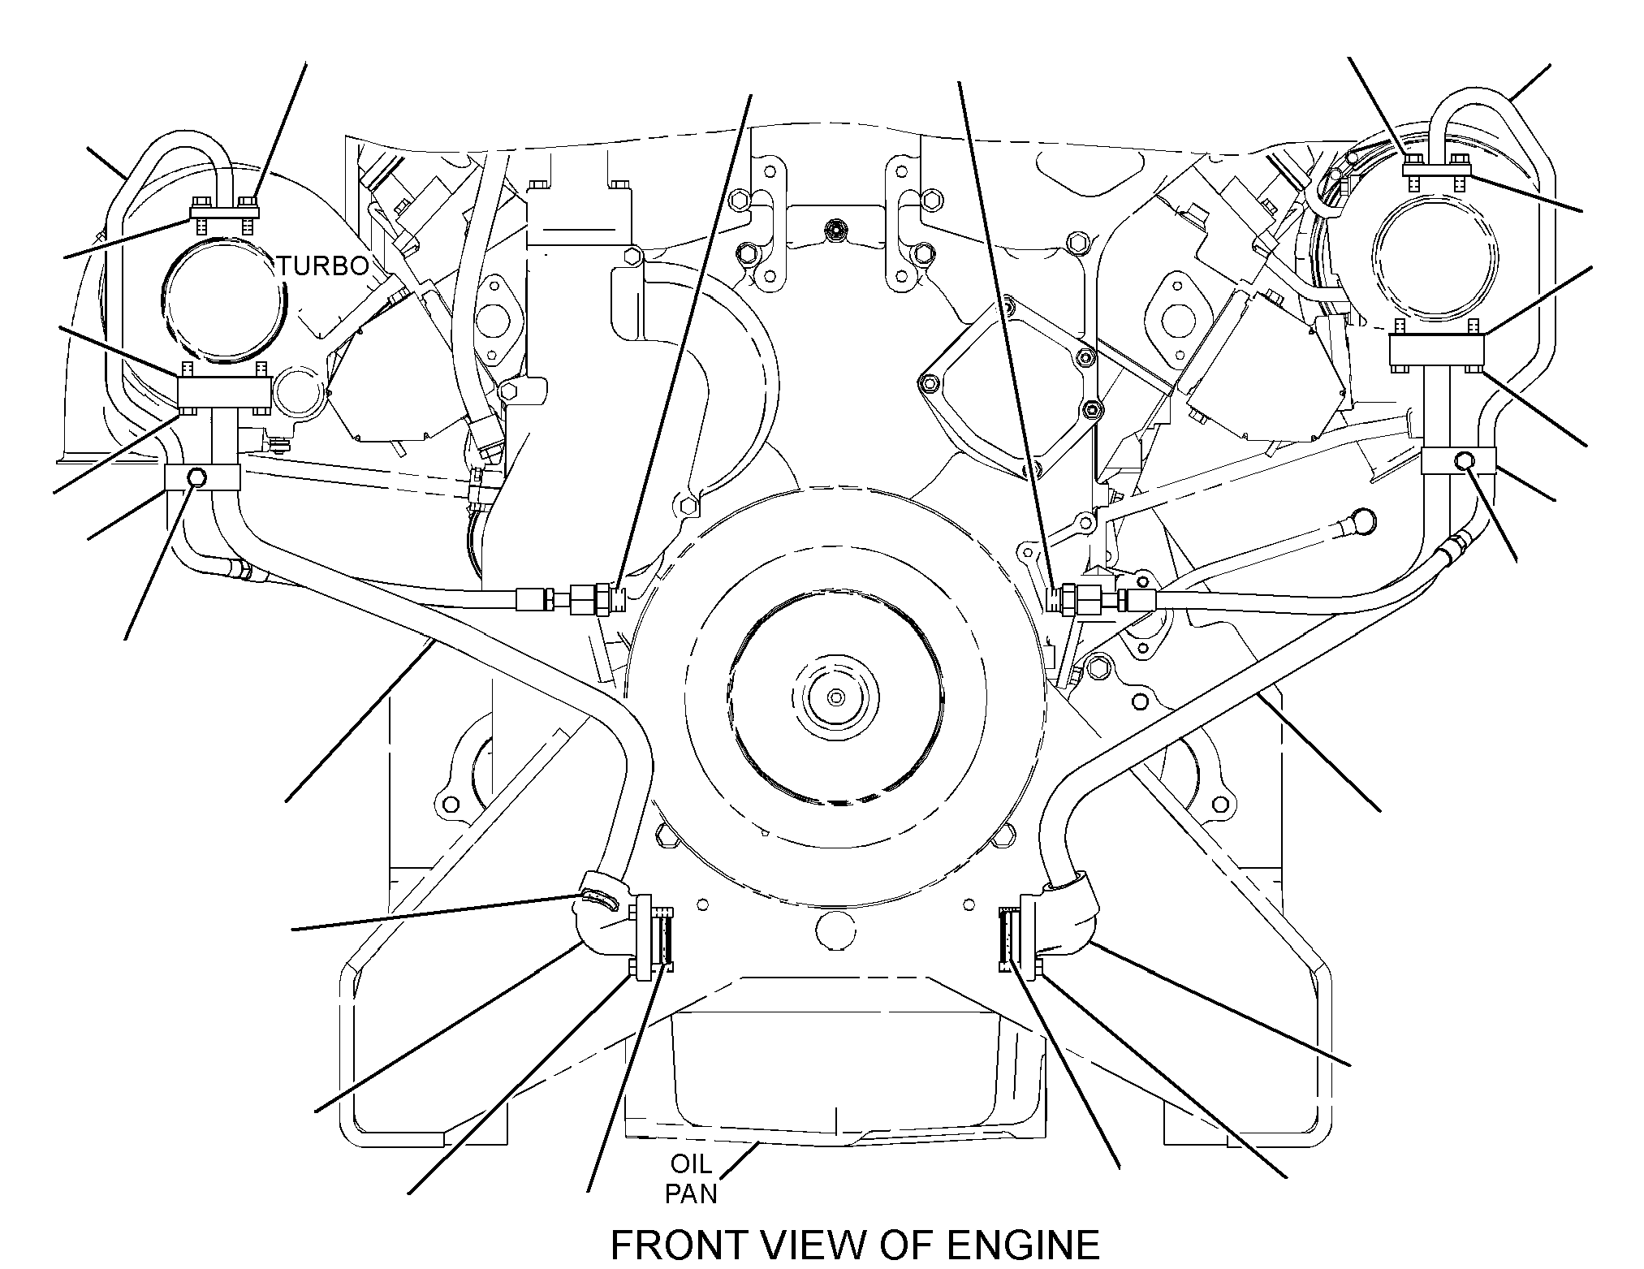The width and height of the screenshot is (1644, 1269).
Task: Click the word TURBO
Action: point(324,265)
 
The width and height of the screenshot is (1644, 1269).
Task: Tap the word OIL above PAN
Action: point(690,1165)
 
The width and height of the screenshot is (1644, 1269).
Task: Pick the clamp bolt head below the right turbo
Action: point(1464,461)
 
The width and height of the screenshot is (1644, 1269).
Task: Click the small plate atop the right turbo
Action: point(1437,169)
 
